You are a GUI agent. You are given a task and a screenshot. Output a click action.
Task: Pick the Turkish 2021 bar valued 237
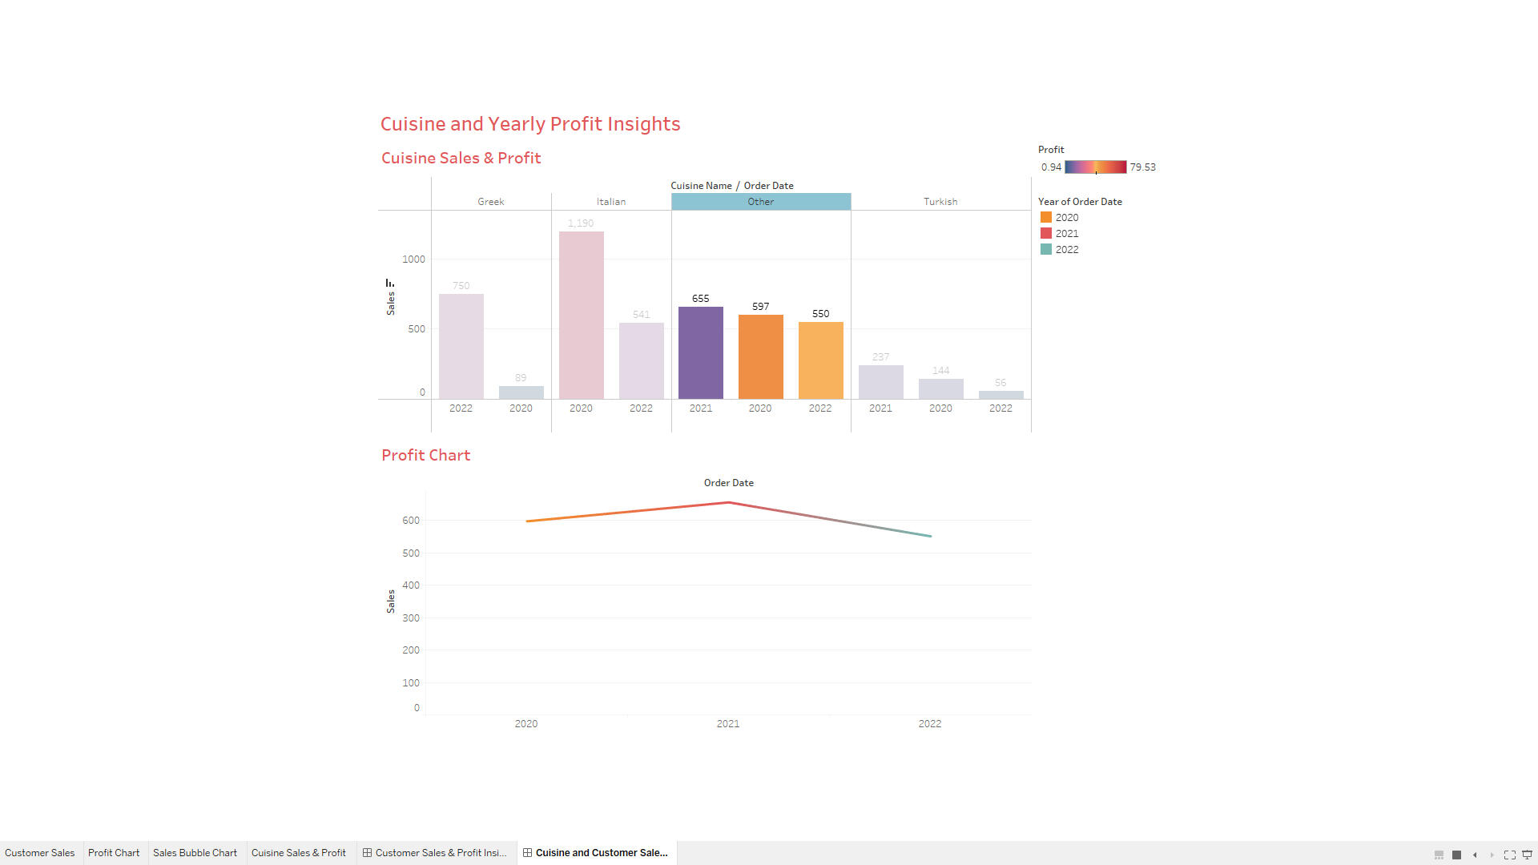tap(880, 382)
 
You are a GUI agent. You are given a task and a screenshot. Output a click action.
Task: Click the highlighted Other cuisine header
tap(760, 202)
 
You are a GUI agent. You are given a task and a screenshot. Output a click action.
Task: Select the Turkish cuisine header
tap(940, 202)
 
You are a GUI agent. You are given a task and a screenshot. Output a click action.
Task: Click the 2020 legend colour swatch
tap(1045, 218)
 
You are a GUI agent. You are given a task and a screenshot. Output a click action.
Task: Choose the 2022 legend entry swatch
tap(1045, 250)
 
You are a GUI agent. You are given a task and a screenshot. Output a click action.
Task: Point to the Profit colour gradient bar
tap(1095, 167)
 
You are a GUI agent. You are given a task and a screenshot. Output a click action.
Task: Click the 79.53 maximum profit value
tap(1142, 167)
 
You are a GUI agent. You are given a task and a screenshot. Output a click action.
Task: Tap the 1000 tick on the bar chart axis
tap(413, 259)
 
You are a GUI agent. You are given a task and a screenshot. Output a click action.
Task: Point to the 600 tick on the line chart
tap(410, 521)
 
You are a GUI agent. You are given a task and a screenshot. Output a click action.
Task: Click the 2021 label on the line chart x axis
tap(727, 724)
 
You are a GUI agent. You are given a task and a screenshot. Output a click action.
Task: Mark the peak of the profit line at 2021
tap(728, 502)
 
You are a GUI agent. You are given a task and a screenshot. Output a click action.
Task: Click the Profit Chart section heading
tap(425, 456)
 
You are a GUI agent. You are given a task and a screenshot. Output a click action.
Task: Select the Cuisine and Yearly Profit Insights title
tap(529, 124)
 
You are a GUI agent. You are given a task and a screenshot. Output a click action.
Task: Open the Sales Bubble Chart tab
tap(195, 853)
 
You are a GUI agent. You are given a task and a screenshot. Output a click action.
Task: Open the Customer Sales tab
tap(39, 853)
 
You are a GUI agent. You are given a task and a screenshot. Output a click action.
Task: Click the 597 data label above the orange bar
tap(760, 307)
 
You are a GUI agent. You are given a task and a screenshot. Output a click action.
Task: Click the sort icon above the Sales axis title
tap(390, 283)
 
